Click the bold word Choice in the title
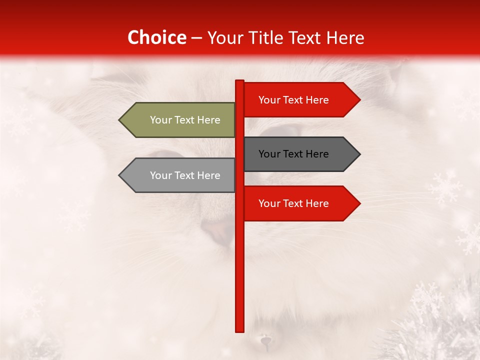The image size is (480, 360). pos(156,38)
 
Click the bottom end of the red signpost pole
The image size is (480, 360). pos(240,330)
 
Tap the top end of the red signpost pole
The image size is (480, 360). pos(240,81)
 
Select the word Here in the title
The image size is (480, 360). pos(345,38)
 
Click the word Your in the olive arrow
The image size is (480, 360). pos(160,120)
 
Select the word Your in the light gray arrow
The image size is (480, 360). pos(160,175)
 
